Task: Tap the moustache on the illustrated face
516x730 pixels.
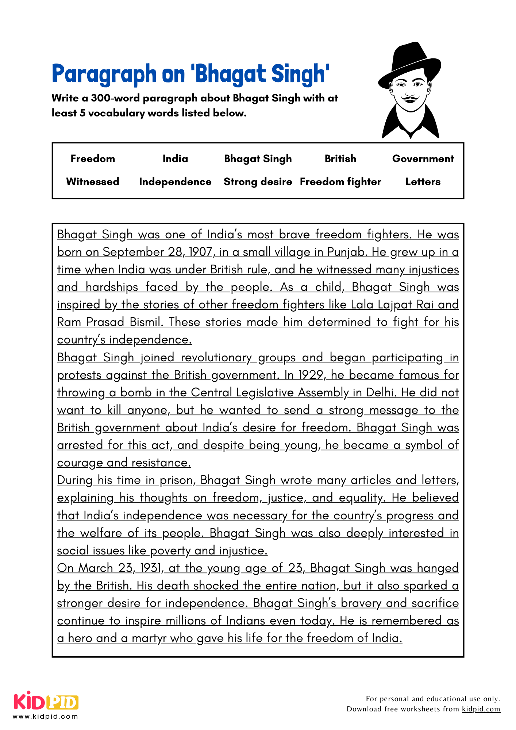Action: point(410,98)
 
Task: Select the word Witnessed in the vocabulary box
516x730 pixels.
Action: point(93,182)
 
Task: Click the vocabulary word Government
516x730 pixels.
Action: point(423,159)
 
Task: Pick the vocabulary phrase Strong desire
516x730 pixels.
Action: point(258,182)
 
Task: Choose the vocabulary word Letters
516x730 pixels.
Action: point(423,182)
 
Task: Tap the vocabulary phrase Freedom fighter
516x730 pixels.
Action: point(340,182)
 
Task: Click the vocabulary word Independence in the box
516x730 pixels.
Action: point(175,182)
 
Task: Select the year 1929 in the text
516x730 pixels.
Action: point(311,375)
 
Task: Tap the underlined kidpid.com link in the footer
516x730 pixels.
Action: point(481,709)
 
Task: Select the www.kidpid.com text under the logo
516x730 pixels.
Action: point(45,716)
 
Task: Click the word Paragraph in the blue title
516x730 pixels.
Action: point(104,74)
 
